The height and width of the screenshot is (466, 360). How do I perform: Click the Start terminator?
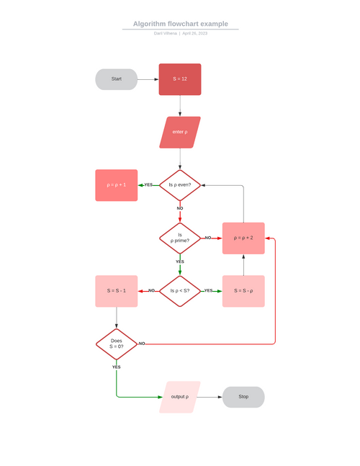[x=116, y=79]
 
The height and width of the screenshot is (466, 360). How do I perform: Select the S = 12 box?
[x=180, y=79]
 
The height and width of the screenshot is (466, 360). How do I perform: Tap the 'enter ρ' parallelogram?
[x=180, y=133]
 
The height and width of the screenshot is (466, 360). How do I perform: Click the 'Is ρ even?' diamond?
[x=180, y=185]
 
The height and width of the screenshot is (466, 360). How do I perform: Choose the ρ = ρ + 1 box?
[x=116, y=185]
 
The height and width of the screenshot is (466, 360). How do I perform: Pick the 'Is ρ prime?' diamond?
[x=180, y=238]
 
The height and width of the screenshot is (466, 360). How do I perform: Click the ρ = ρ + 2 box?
[x=243, y=238]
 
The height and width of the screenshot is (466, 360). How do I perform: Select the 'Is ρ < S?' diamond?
[x=180, y=291]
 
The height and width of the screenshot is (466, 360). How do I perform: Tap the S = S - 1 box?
[x=116, y=291]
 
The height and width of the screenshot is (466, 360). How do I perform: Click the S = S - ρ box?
[x=243, y=291]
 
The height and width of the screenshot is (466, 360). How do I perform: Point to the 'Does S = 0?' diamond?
[x=116, y=344]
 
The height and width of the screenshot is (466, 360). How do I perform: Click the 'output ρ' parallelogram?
[x=180, y=397]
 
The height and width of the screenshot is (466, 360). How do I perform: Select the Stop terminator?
[x=243, y=397]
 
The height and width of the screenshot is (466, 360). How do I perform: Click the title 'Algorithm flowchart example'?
[x=180, y=24]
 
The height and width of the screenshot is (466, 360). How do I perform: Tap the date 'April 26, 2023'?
[x=194, y=33]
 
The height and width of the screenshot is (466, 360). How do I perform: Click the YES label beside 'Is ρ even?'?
[x=149, y=185]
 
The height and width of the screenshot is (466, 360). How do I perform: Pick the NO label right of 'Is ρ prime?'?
[x=208, y=238]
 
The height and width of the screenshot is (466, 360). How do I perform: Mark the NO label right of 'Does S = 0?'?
[x=142, y=344]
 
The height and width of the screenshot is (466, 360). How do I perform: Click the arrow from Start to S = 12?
[x=148, y=79]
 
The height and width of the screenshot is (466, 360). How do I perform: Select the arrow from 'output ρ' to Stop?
[x=210, y=397]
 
